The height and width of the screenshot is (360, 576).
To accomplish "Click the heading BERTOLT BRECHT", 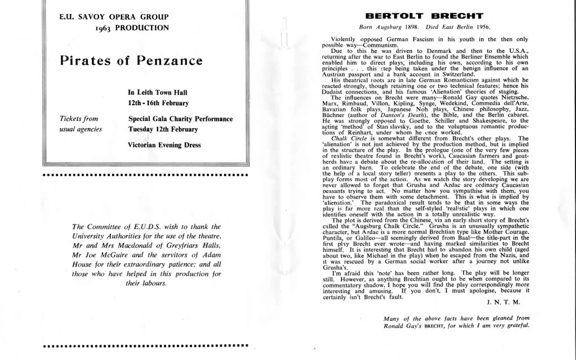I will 424,16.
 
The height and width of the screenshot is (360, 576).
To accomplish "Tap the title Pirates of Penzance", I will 131,61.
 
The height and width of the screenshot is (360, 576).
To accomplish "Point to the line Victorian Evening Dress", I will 164,145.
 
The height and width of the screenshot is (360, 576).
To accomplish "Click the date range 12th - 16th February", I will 158,103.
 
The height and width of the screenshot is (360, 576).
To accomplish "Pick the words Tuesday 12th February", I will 163,129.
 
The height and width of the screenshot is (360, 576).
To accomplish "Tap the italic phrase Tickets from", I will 79,118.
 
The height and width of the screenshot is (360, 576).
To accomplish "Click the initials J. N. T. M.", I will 503,302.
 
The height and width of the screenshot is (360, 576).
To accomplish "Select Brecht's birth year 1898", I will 412,27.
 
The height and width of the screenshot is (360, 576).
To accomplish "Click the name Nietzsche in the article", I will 515,97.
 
